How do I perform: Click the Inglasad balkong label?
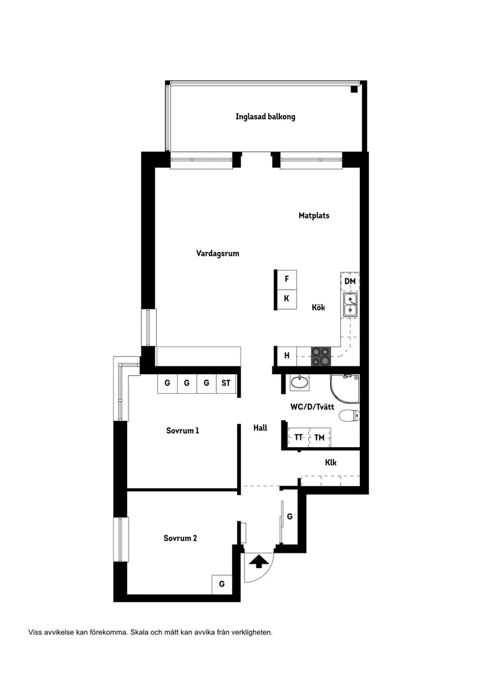[x=265, y=116]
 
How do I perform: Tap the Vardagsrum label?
[x=218, y=254]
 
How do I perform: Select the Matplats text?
[x=314, y=216]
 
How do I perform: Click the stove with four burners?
[x=320, y=356]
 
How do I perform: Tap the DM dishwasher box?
[x=350, y=282]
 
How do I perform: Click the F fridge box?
[x=286, y=279]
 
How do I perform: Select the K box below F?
[x=286, y=299]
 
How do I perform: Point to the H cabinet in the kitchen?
[x=286, y=355]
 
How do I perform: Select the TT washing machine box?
[x=299, y=437]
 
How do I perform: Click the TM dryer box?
[x=319, y=437]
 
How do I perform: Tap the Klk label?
[x=331, y=463]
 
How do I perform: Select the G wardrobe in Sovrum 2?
[x=221, y=584]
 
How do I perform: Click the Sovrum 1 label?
[x=182, y=431]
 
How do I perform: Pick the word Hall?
[x=260, y=428]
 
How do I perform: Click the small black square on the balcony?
[x=354, y=89]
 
